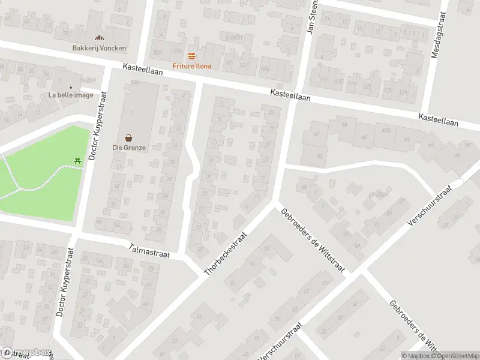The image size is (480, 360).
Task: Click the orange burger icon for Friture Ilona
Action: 191,56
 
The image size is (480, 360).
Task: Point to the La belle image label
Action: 71,95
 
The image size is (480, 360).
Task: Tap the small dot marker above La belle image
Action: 71,87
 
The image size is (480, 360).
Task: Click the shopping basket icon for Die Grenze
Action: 128,137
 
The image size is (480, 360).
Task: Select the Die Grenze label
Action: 128,147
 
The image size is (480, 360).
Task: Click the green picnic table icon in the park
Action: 77,160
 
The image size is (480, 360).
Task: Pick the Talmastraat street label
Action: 149,251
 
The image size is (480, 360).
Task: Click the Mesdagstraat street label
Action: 437,37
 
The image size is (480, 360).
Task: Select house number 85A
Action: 158,52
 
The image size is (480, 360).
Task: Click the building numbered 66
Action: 430,145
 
